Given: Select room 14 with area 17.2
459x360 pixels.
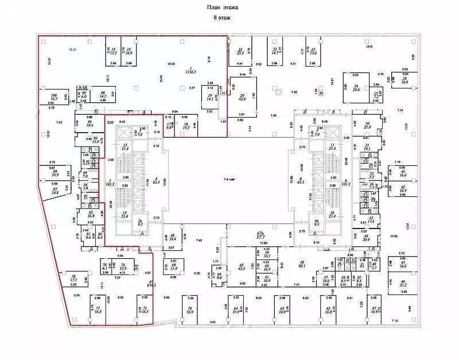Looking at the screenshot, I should tap(113, 53).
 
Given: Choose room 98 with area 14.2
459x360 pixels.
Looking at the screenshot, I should tap(103, 95).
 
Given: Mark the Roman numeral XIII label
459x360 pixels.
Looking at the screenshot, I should tap(110, 122).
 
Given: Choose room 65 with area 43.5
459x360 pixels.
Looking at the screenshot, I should tap(240, 267).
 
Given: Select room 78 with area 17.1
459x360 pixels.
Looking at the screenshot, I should tap(73, 278).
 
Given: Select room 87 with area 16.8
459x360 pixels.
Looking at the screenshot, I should tap(56, 191).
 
